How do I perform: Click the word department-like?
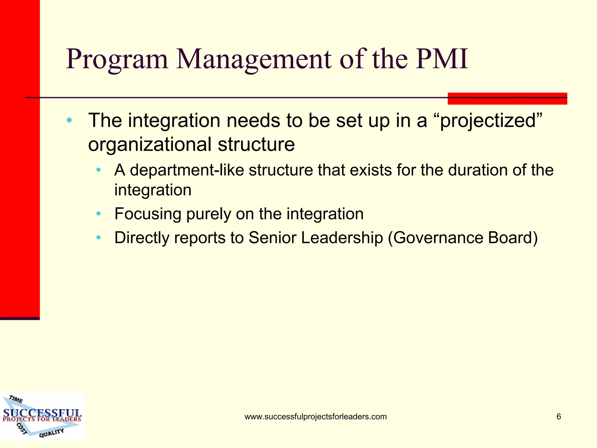point(187,170)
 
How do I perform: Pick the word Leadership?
point(342,238)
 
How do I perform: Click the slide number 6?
point(559,416)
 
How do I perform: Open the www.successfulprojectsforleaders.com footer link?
point(315,417)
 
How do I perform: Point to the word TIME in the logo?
point(16,399)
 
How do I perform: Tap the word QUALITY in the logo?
point(51,433)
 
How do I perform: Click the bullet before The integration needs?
point(69,120)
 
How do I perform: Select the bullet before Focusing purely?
point(99,214)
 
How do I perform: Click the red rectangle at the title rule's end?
point(507,99)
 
